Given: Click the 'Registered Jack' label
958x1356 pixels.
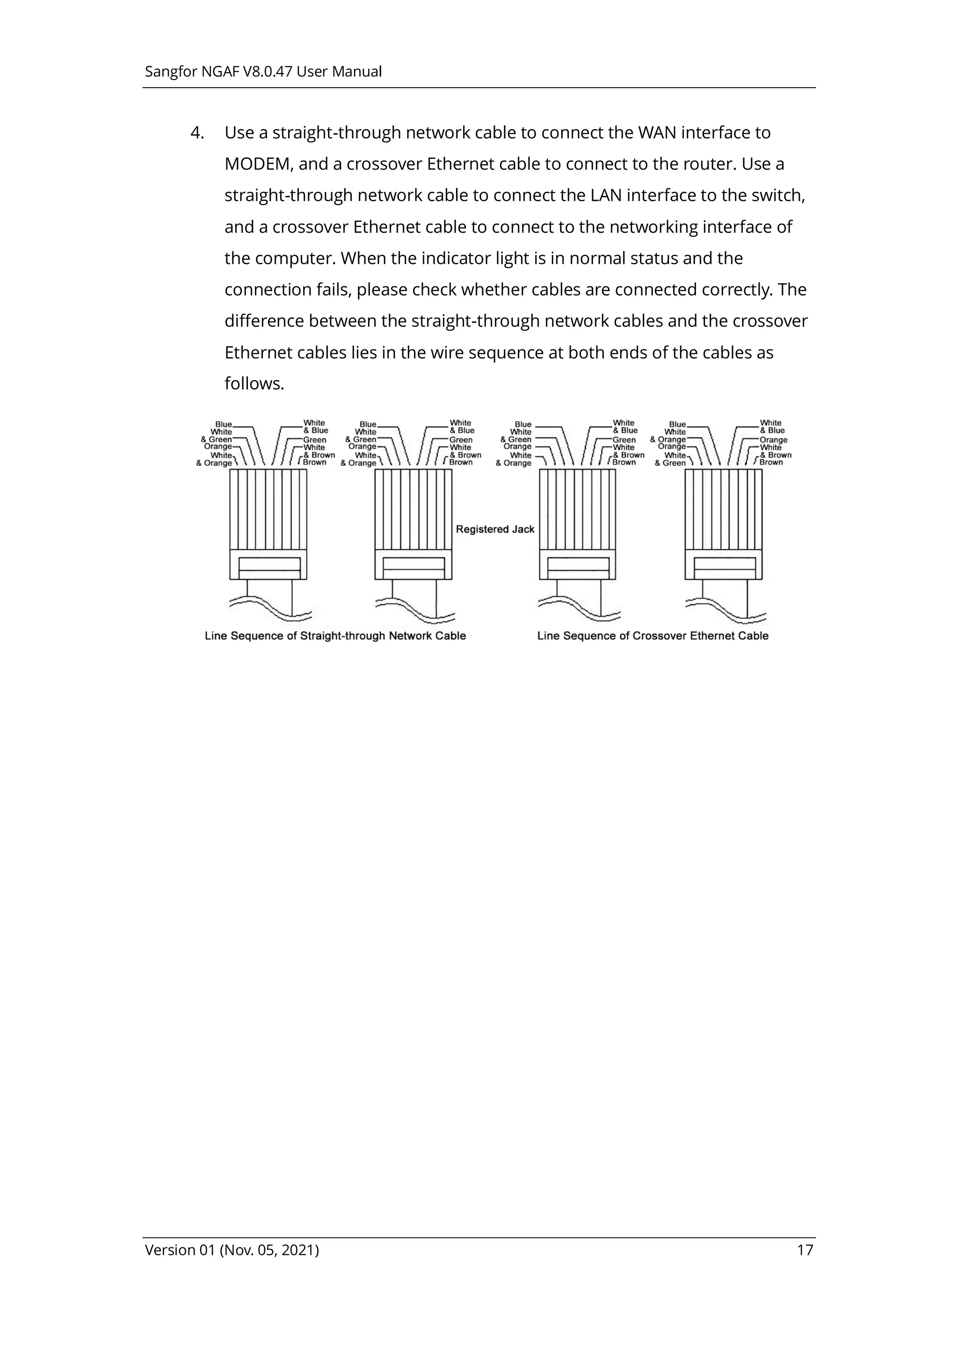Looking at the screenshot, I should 494,529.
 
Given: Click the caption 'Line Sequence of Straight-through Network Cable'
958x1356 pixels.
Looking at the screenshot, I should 335,636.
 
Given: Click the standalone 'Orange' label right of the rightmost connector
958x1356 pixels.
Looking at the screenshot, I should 773,440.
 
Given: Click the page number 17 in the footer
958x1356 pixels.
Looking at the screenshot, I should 805,1250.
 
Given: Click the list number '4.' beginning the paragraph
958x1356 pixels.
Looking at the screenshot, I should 197,133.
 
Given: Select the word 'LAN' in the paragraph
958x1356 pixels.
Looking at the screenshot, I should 606,196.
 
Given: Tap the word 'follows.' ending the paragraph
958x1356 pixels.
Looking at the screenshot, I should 254,384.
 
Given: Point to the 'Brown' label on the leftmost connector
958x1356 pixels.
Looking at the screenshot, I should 315,462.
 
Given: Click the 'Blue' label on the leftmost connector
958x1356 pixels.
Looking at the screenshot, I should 224,424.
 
